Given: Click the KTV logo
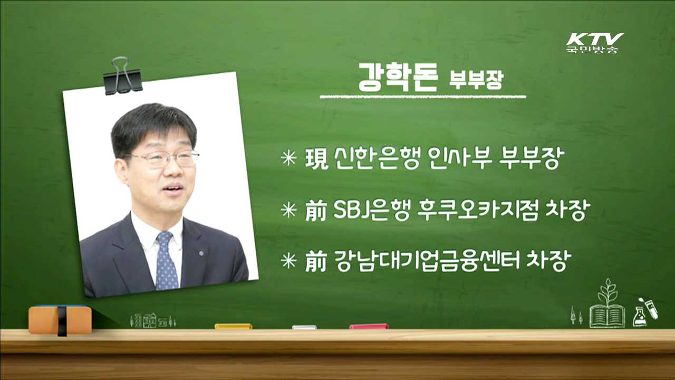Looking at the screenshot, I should click(x=594, y=42).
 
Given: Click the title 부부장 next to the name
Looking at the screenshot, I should click(x=476, y=81).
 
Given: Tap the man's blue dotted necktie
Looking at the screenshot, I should click(x=166, y=261).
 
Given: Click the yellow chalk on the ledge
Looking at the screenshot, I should click(x=233, y=326).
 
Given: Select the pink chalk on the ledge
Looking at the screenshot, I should click(x=369, y=326).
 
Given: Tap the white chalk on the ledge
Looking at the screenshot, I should click(x=304, y=327).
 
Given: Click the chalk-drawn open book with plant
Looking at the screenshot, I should click(x=607, y=306).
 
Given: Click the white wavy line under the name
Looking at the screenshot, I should click(x=423, y=97).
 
